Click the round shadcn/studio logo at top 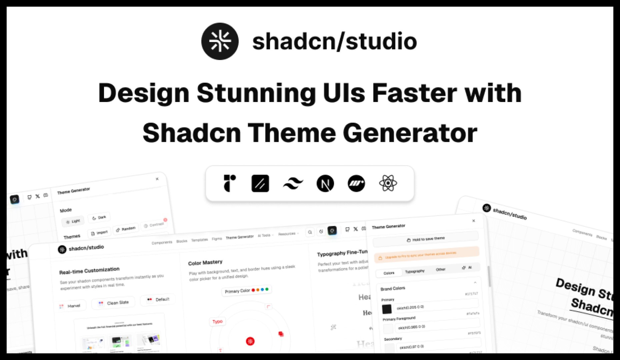(220, 41)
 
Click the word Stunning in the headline (256, 93)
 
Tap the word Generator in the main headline (410, 133)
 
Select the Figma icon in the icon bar (229, 183)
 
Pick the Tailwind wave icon (293, 183)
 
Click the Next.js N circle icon (325, 183)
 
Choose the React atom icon (388, 183)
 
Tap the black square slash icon (260, 183)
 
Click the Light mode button (73, 221)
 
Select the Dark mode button (99, 218)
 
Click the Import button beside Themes (99, 233)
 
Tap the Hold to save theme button (426, 239)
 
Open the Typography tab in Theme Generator (415, 271)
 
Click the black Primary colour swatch (387, 309)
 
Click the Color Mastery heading (205, 263)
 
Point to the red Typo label (217, 321)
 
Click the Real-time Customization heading (89, 270)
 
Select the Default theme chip (158, 300)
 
